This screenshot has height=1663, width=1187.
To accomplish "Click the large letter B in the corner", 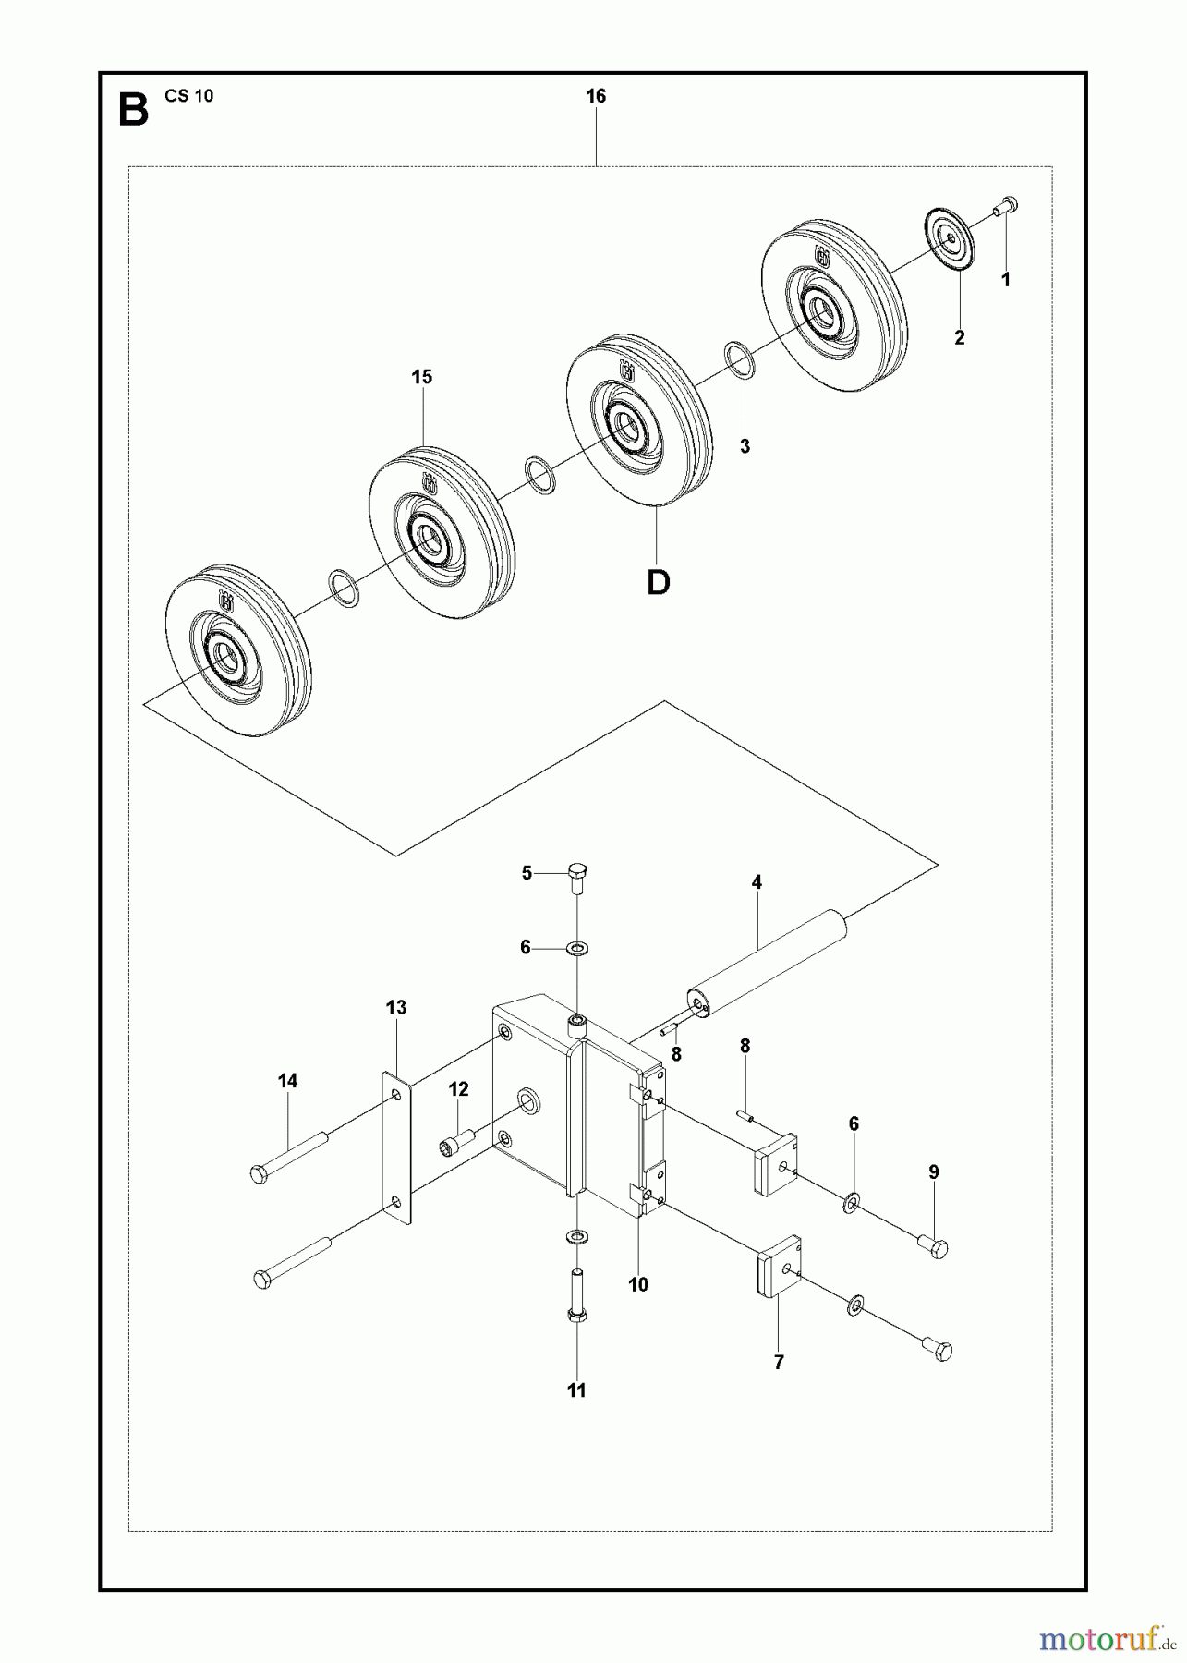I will tap(133, 110).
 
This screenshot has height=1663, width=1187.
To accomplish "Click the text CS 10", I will tap(189, 96).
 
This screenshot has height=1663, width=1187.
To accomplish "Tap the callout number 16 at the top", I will tap(595, 96).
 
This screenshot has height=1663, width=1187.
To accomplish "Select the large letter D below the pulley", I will tap(658, 582).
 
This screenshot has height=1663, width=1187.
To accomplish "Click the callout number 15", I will tap(421, 378).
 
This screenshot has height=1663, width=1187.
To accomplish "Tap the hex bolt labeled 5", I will tap(575, 876).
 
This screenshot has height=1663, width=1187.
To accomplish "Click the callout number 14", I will tap(287, 1081).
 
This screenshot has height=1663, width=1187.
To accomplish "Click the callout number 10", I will tap(637, 1285).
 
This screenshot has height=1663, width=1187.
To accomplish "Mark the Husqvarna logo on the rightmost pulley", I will tap(821, 256).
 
